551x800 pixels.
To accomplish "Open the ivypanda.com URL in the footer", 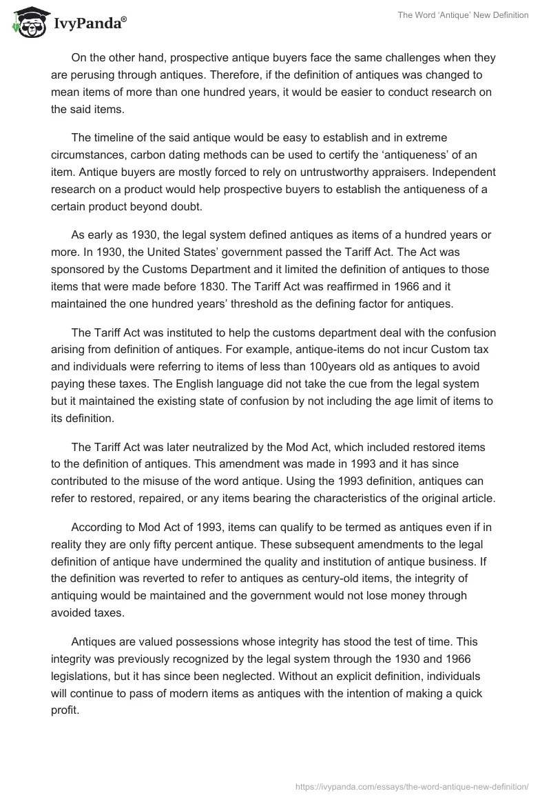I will [x=411, y=786].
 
